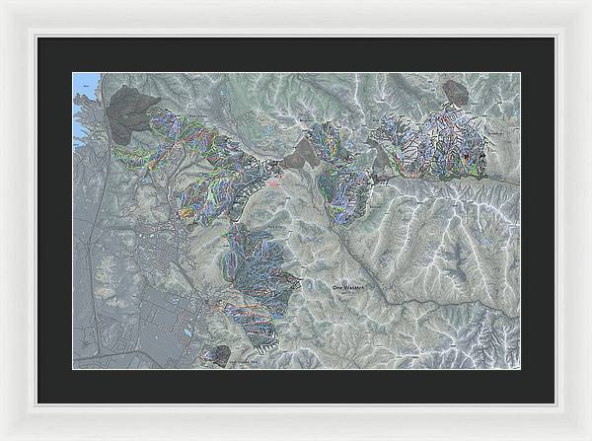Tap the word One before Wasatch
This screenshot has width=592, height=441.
pos(338,286)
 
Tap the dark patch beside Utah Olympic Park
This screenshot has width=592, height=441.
pos(219,352)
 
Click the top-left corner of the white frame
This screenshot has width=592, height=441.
pos(3,3)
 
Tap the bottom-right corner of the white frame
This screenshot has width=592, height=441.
pos(588,437)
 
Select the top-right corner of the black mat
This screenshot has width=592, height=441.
pos(554,37)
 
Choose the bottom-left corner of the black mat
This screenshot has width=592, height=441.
pos(37,404)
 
